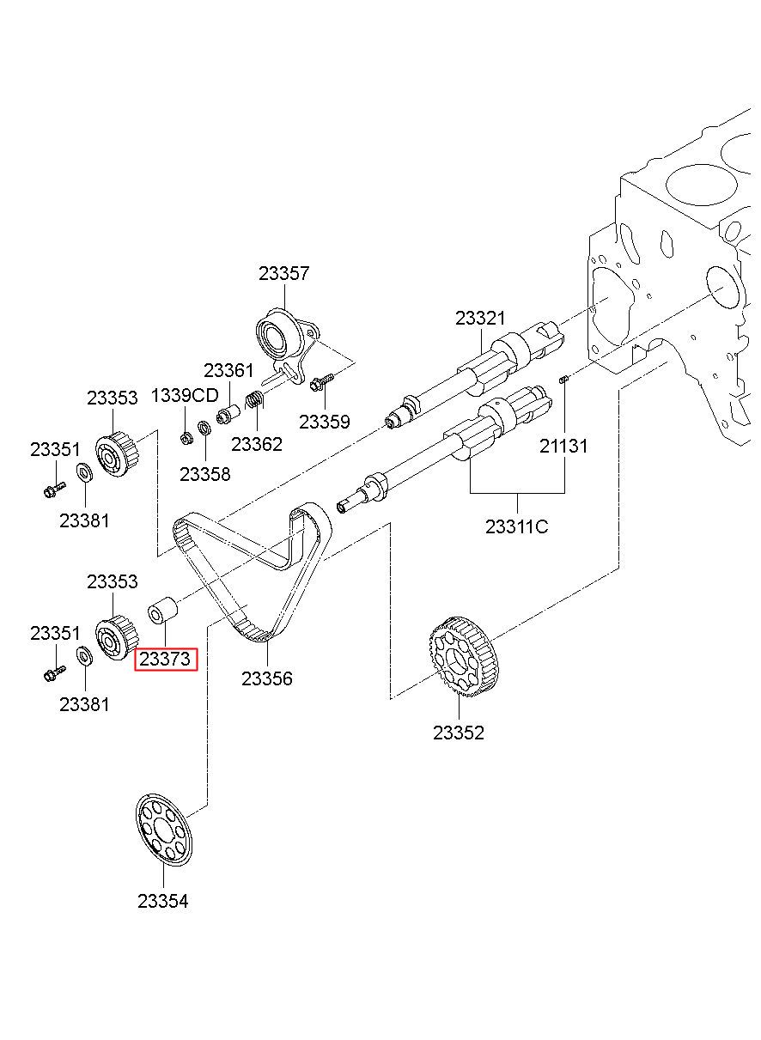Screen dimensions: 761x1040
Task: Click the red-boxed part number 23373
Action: pyautogui.click(x=165, y=659)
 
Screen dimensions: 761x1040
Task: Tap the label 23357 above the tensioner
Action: pyautogui.click(x=283, y=273)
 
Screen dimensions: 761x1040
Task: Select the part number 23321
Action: pyautogui.click(x=480, y=318)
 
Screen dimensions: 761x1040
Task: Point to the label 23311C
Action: pyautogui.click(x=517, y=526)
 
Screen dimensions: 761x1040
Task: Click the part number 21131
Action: pyautogui.click(x=563, y=447)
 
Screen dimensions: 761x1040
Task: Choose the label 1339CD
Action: pyautogui.click(x=185, y=396)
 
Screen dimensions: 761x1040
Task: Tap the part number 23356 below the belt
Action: pyautogui.click(x=267, y=678)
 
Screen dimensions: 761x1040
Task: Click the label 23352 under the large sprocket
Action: pyautogui.click(x=459, y=733)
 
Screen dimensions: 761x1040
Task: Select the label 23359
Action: pyautogui.click(x=324, y=422)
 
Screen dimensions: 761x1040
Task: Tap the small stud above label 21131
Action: pyautogui.click(x=563, y=380)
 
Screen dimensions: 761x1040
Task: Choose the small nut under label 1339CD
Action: pyautogui.click(x=186, y=437)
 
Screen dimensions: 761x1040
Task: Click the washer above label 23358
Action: pyautogui.click(x=204, y=428)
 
